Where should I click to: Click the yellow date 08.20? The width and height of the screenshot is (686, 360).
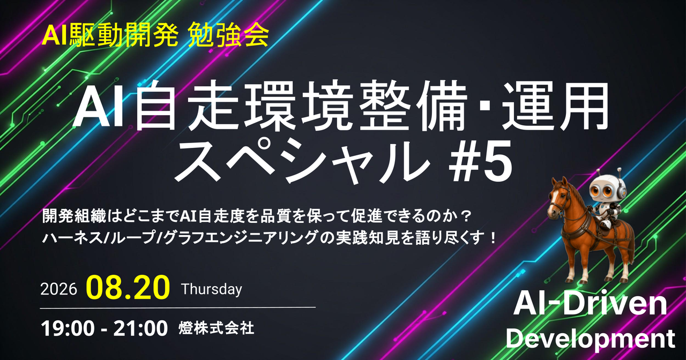click(x=128, y=288)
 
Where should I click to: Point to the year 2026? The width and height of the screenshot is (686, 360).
click(x=58, y=289)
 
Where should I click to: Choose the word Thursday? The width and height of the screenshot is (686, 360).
click(x=212, y=289)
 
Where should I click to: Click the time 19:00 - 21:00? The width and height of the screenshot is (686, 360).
click(x=105, y=328)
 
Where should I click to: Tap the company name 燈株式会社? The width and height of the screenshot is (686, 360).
click(x=216, y=328)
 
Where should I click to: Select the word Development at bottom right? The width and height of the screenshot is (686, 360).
click(x=591, y=339)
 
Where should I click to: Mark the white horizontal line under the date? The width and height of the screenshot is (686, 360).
click(x=178, y=307)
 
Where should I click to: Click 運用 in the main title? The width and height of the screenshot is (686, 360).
click(x=554, y=106)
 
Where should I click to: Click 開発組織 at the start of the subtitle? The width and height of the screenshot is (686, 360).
click(x=74, y=216)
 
